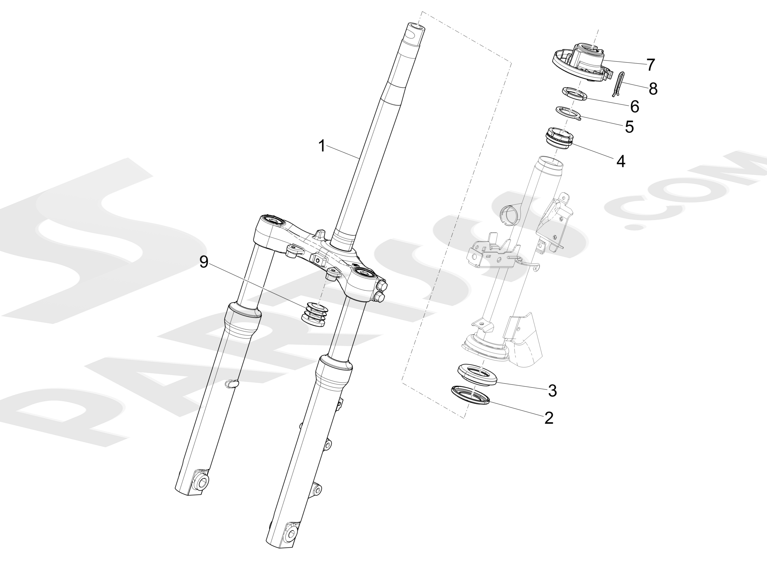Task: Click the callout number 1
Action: (x=322, y=146)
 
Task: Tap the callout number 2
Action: (x=548, y=418)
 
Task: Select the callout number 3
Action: (x=553, y=390)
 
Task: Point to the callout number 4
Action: (x=621, y=161)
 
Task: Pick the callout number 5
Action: (x=629, y=127)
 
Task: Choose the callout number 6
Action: (x=635, y=107)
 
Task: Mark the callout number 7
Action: (x=651, y=65)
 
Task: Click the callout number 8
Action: (x=653, y=89)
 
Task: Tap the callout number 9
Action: (x=204, y=262)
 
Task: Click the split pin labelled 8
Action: (x=618, y=83)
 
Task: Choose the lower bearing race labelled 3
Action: (x=478, y=373)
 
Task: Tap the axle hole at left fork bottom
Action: (x=203, y=481)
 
